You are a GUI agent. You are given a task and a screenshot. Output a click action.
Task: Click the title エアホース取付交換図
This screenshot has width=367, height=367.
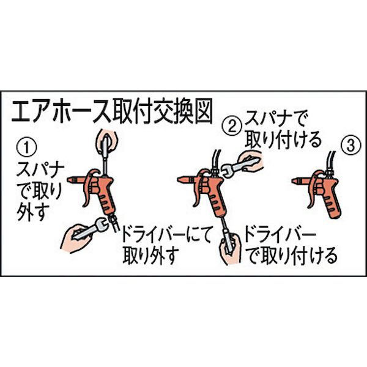(x=112, y=111)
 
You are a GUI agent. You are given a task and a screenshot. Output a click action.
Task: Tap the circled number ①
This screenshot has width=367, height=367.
(x=26, y=148)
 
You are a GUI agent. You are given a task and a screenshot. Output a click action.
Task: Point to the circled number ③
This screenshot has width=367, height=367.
(x=351, y=146)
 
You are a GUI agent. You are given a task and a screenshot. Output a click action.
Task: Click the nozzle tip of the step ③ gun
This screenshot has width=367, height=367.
(x=294, y=180)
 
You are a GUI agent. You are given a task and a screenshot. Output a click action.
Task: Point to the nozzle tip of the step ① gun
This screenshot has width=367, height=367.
(x=70, y=180)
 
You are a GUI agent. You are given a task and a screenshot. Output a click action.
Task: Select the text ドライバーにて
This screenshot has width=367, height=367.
(x=166, y=234)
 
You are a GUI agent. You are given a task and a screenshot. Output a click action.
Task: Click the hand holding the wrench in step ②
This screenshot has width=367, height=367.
(x=251, y=161)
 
